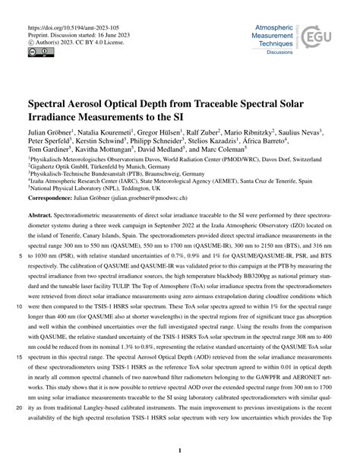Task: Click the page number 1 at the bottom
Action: point(180,451)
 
